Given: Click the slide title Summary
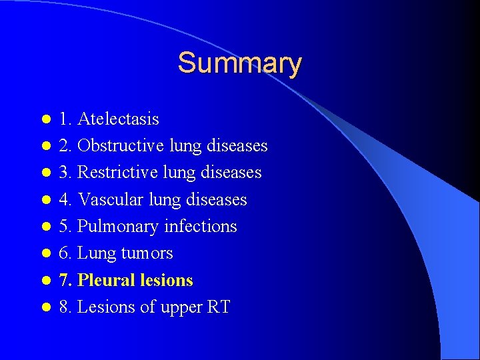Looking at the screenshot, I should tap(239, 63).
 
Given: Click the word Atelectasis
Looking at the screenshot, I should tap(118, 119).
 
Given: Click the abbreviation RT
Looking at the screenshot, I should tap(219, 307).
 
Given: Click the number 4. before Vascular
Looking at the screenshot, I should tap(65, 200).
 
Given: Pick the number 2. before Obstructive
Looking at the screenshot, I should tap(65, 146).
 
